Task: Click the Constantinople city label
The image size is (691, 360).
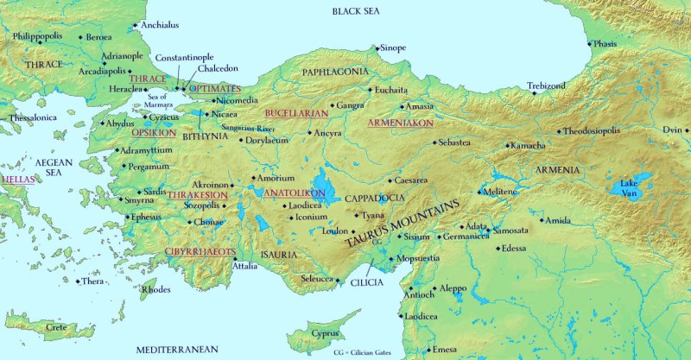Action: pos(184,57)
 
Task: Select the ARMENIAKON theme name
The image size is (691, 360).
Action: pos(400,123)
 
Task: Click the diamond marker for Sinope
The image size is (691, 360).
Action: pos(377,48)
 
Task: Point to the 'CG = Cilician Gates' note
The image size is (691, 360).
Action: pos(370,353)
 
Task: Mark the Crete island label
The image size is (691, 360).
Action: pos(56,327)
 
